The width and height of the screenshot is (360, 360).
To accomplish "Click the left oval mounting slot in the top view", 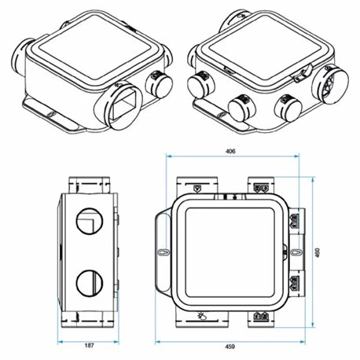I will tap(163, 253).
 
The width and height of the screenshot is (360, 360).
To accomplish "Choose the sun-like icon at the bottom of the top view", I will tap(204, 317).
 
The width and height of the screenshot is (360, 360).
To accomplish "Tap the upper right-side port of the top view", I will tap(296, 221).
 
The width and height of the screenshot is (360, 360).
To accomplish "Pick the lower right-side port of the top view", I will tap(296, 285).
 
